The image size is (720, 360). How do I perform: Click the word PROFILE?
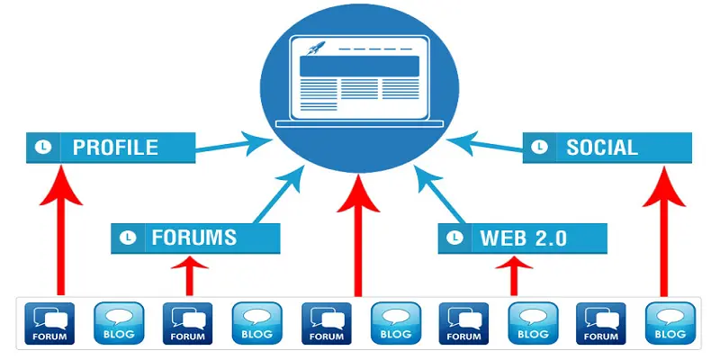click(115, 147)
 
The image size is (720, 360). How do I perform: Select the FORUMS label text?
click(193, 238)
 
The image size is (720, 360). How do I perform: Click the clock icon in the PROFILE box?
click(41, 147)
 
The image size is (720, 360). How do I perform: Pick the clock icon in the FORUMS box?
click(129, 238)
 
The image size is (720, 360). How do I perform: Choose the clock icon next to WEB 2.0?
click(456, 238)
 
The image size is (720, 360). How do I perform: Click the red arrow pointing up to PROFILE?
click(60, 234)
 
